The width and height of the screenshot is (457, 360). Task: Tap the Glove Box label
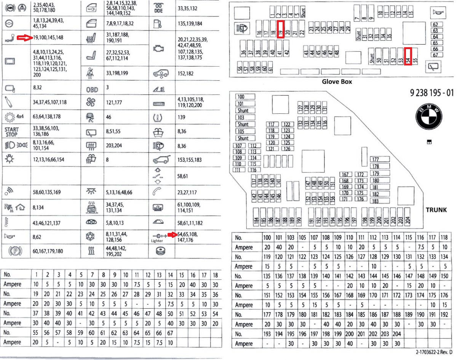pyautogui.click(x=337, y=81)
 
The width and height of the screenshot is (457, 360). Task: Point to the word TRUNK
pyautogui.click(x=436, y=209)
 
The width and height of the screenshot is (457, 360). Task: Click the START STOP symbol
pyautogui.click(x=11, y=131)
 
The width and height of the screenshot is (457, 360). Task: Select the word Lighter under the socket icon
pyautogui.click(x=158, y=241)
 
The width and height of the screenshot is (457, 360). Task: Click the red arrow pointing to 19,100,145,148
pyautogui.click(x=26, y=37)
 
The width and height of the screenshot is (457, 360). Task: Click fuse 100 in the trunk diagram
pyautogui.click(x=241, y=97)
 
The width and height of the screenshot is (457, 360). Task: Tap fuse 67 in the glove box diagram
pyautogui.click(x=435, y=55)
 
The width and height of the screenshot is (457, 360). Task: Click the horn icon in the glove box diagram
pyautogui.click(x=436, y=13)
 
